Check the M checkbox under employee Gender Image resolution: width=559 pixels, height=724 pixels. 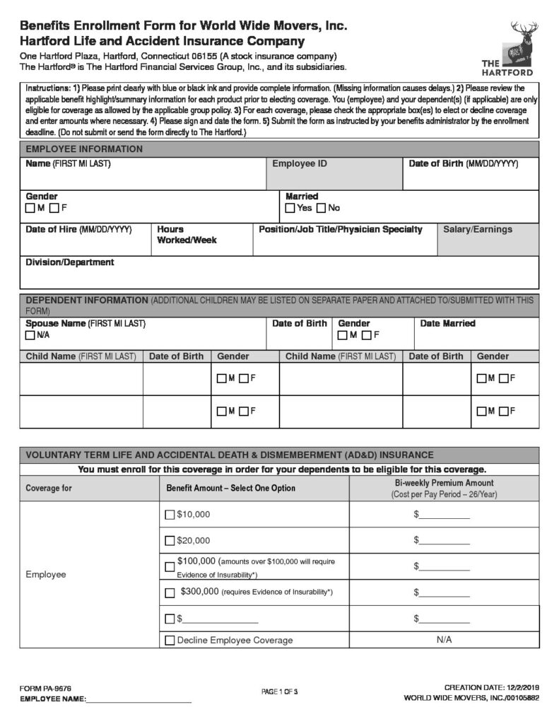coord(30,209)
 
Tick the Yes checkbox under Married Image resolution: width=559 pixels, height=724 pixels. coord(290,209)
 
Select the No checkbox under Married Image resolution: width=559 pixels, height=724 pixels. coord(321,209)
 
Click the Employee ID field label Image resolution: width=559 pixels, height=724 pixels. coord(300,164)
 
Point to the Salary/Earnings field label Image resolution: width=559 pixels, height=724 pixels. coord(478,230)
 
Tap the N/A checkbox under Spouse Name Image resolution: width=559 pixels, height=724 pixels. coord(30,335)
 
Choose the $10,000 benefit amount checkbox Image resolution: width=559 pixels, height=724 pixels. coord(170,515)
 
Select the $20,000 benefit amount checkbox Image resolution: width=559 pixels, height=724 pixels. coord(170,541)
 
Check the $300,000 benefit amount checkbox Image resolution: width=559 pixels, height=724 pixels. coord(170,592)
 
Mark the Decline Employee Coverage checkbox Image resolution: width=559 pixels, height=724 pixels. coord(170,641)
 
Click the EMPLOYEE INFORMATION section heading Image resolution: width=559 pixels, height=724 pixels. coord(84,149)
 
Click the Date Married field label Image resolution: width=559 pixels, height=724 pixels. coord(448,324)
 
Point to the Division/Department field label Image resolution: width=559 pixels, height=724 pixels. coord(70,262)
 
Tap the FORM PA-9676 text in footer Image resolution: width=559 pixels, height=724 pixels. coord(45,687)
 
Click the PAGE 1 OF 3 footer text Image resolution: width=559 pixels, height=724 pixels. coord(280,691)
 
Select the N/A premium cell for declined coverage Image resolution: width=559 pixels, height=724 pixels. coord(444,641)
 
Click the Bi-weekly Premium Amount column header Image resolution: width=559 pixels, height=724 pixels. coord(444,488)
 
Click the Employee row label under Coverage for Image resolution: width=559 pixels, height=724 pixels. coord(46,574)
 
